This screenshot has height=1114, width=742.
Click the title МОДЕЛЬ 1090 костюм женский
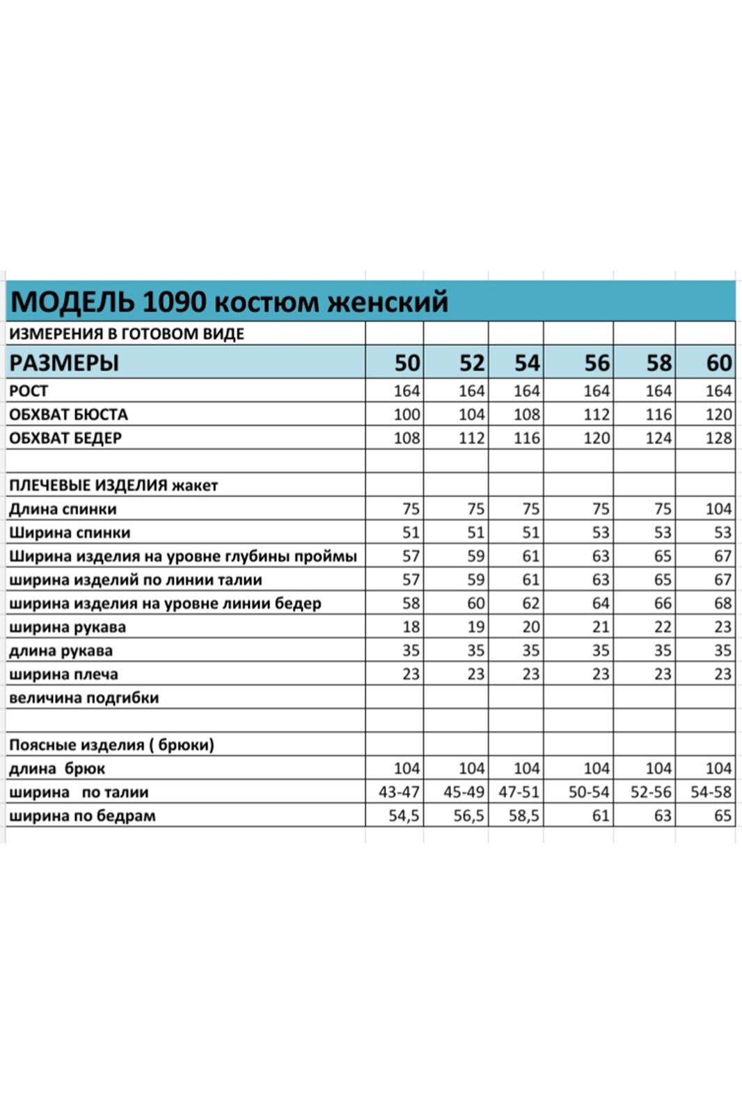pyautogui.click(x=230, y=301)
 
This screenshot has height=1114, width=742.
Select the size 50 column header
pyautogui.click(x=407, y=363)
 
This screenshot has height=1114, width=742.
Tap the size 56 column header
pyautogui.click(x=597, y=363)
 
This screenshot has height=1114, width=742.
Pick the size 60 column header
pyautogui.click(x=719, y=363)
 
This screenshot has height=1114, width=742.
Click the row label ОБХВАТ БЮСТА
pyautogui.click(x=68, y=414)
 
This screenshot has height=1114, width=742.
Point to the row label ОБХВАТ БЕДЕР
pyautogui.click(x=65, y=438)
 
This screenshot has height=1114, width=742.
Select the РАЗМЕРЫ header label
pyautogui.click(x=64, y=363)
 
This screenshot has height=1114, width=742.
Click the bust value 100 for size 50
pyautogui.click(x=406, y=414)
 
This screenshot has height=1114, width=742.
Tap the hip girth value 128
pyautogui.click(x=718, y=438)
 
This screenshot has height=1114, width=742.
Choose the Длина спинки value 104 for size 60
pyautogui.click(x=718, y=509)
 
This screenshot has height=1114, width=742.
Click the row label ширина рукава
pyautogui.click(x=68, y=627)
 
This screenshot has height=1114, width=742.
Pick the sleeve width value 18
pyautogui.click(x=411, y=627)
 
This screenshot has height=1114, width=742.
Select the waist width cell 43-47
pyautogui.click(x=399, y=792)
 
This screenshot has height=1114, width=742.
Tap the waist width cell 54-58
pyautogui.click(x=711, y=792)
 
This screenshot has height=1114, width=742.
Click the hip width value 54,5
pyautogui.click(x=404, y=816)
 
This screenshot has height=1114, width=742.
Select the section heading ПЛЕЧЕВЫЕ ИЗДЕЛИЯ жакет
pyautogui.click(x=113, y=485)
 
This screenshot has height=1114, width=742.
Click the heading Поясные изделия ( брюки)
pyautogui.click(x=111, y=745)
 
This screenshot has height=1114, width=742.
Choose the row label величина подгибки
pyautogui.click(x=84, y=698)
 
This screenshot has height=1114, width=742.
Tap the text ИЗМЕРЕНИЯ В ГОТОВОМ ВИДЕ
pyautogui.click(x=127, y=334)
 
